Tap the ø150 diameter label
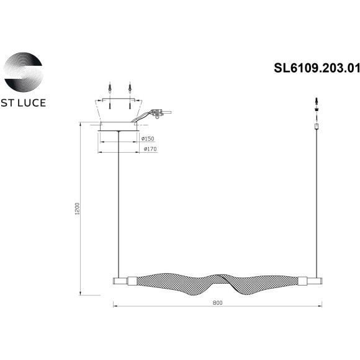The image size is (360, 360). point(148,138)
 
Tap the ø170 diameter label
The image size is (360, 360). point(149,150)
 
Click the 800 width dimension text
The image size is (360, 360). point(217,304)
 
